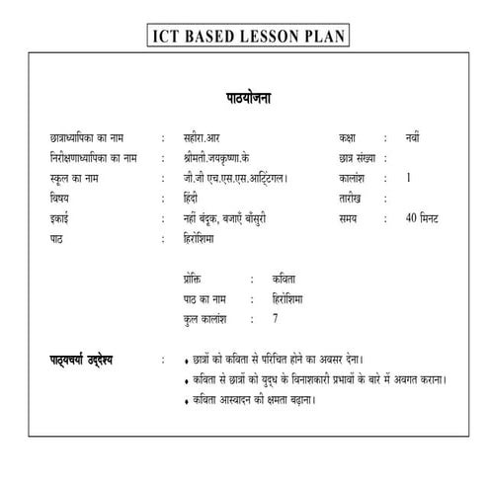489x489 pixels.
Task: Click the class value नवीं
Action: (413, 139)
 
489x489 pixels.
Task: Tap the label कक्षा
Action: (349, 139)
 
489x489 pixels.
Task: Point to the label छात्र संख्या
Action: (359, 158)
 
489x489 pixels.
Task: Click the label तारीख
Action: (351, 198)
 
